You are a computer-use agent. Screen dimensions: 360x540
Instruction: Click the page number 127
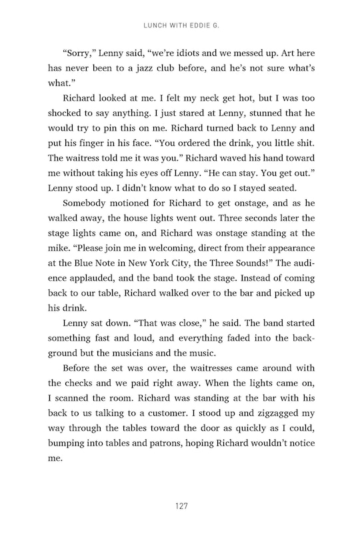(x=180, y=506)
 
